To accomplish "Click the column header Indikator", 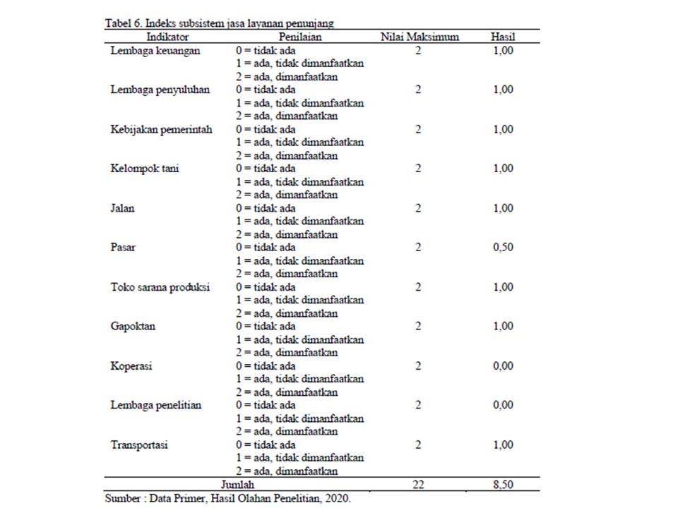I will coord(167,37).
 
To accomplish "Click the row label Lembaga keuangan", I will coord(155,51).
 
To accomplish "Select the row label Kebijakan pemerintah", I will coord(161,130).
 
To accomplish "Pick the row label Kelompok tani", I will coord(145,169).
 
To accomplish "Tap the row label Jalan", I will coord(122,209).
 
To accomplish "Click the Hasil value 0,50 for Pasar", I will coord(502,248).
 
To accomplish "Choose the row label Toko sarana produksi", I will coord(160,288).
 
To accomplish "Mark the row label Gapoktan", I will coord(133,327).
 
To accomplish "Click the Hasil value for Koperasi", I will coord(502,366).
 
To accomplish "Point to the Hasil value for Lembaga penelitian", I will coord(502,406).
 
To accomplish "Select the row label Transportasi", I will coord(139,445).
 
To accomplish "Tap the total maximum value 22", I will coord(418,485).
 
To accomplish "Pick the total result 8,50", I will coord(502,485).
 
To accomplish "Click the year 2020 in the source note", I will coord(335,498).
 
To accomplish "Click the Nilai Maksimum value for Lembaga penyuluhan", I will coord(418,90).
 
